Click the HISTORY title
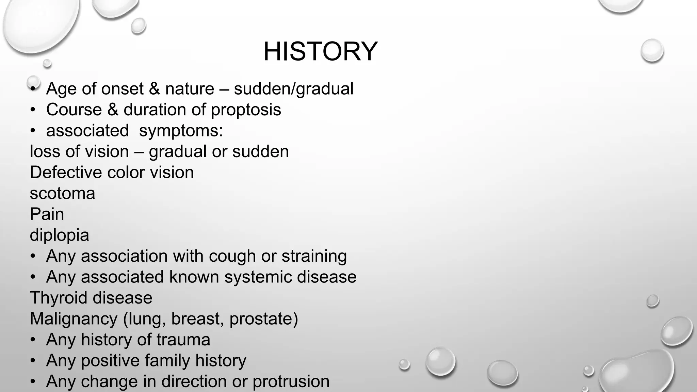pos(320,51)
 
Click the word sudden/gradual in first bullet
pos(294,89)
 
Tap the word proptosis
pos(246,110)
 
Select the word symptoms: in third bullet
pos(181,131)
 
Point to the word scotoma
pos(62,194)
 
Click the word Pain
pos(47,214)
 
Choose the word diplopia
pos(59,235)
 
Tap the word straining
pos(314,256)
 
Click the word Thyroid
pos(59,298)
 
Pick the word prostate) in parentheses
pos(263,319)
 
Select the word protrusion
pos(291,381)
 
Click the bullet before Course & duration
pos(33,110)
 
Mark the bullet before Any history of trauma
pos(33,340)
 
